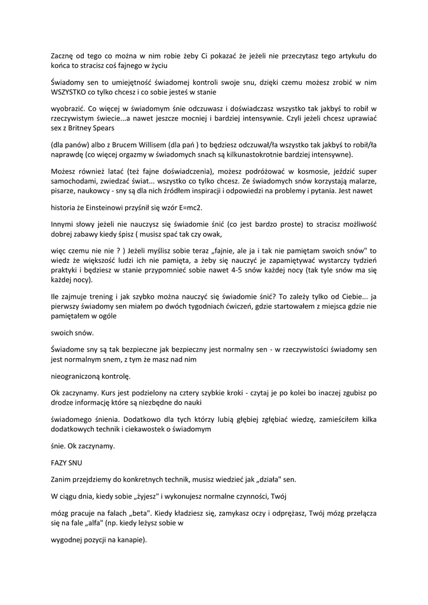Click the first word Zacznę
point(64,57)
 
